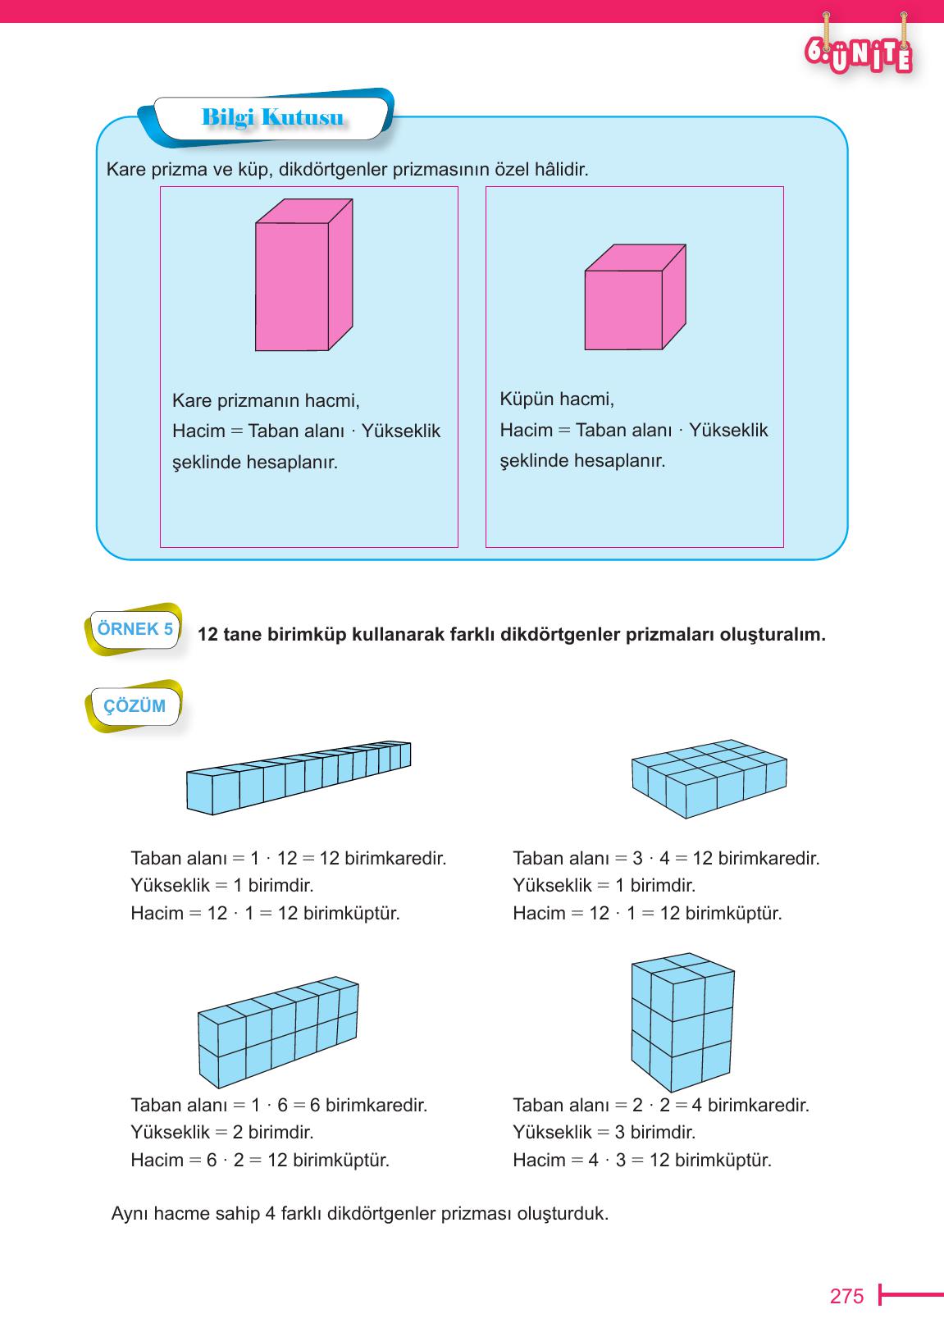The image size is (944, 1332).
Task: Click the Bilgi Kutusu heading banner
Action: point(271,118)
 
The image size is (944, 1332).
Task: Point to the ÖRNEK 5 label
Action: point(135,630)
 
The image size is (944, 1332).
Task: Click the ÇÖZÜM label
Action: point(135,706)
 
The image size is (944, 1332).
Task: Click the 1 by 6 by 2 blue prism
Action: point(277,1032)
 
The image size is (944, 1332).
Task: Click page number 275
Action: point(846,1296)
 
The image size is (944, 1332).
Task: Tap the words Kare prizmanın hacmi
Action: point(266,401)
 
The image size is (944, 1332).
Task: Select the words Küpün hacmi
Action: point(557,399)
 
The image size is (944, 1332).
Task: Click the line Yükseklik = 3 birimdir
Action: point(604,1133)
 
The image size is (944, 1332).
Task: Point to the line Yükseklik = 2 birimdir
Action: point(221,1133)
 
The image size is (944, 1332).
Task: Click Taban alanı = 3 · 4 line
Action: point(665,859)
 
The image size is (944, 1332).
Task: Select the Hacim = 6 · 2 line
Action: point(259,1161)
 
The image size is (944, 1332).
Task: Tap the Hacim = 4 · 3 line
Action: point(641,1161)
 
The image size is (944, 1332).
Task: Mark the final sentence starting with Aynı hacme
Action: point(359,1213)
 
